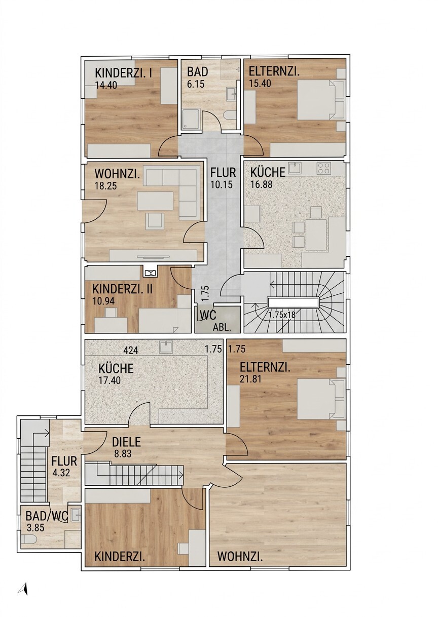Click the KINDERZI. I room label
coord(123,73)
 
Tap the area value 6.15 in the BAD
coord(196,84)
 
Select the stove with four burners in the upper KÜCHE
coord(323,168)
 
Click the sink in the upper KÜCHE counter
coord(295,168)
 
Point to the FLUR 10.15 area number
coord(222,184)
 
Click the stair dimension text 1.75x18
coord(282,314)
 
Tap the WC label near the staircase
coord(208,315)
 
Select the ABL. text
coord(222,328)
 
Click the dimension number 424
coord(131,350)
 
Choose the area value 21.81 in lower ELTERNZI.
coord(250,379)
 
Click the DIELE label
coord(126,442)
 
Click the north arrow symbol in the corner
coord(23,589)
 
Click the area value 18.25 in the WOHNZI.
coord(105,185)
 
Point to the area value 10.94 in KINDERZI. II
coord(103,301)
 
